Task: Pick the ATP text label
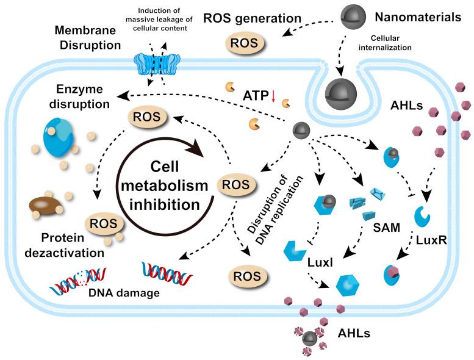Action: click(255, 95)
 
